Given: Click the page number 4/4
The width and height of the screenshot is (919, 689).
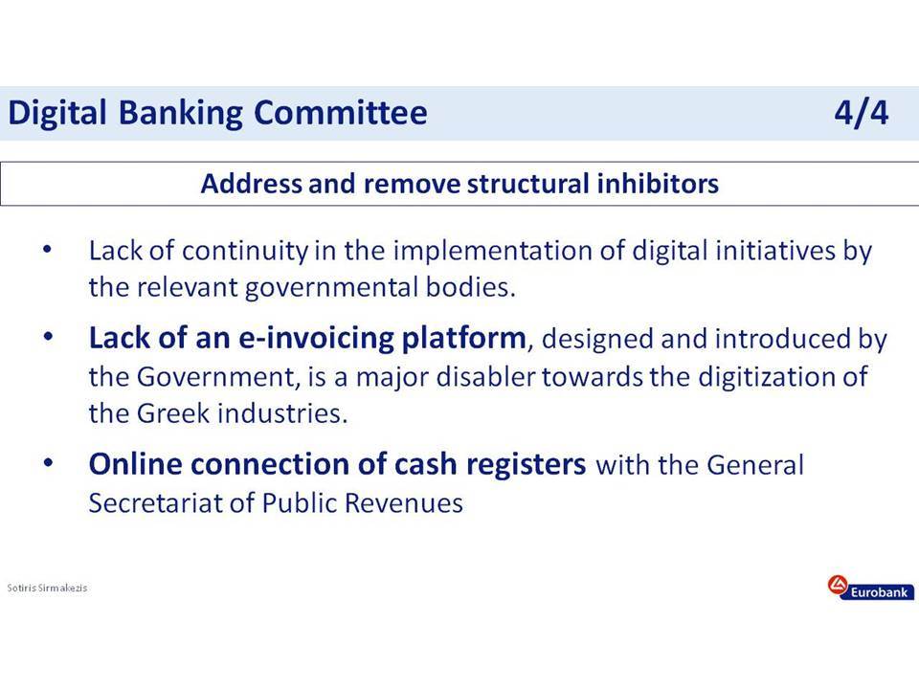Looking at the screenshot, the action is click(x=861, y=112).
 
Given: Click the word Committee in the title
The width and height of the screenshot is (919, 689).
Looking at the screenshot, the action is click(x=340, y=112).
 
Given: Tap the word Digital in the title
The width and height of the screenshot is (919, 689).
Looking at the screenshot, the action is click(x=57, y=114).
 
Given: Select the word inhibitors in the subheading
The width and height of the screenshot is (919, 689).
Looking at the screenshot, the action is click(x=658, y=183).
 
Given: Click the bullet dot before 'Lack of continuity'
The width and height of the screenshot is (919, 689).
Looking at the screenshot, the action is click(x=48, y=250).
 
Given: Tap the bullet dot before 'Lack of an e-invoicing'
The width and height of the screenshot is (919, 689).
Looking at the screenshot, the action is click(x=48, y=337).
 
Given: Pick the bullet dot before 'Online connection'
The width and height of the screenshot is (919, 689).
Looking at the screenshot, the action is click(x=48, y=463).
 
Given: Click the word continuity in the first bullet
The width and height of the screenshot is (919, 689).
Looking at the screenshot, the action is click(x=245, y=252).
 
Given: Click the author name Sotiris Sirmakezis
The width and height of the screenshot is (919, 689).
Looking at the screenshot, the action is click(x=47, y=587).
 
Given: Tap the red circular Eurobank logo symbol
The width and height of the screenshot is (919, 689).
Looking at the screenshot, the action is click(x=838, y=584).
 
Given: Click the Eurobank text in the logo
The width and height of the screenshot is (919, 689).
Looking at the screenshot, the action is click(x=879, y=592).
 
